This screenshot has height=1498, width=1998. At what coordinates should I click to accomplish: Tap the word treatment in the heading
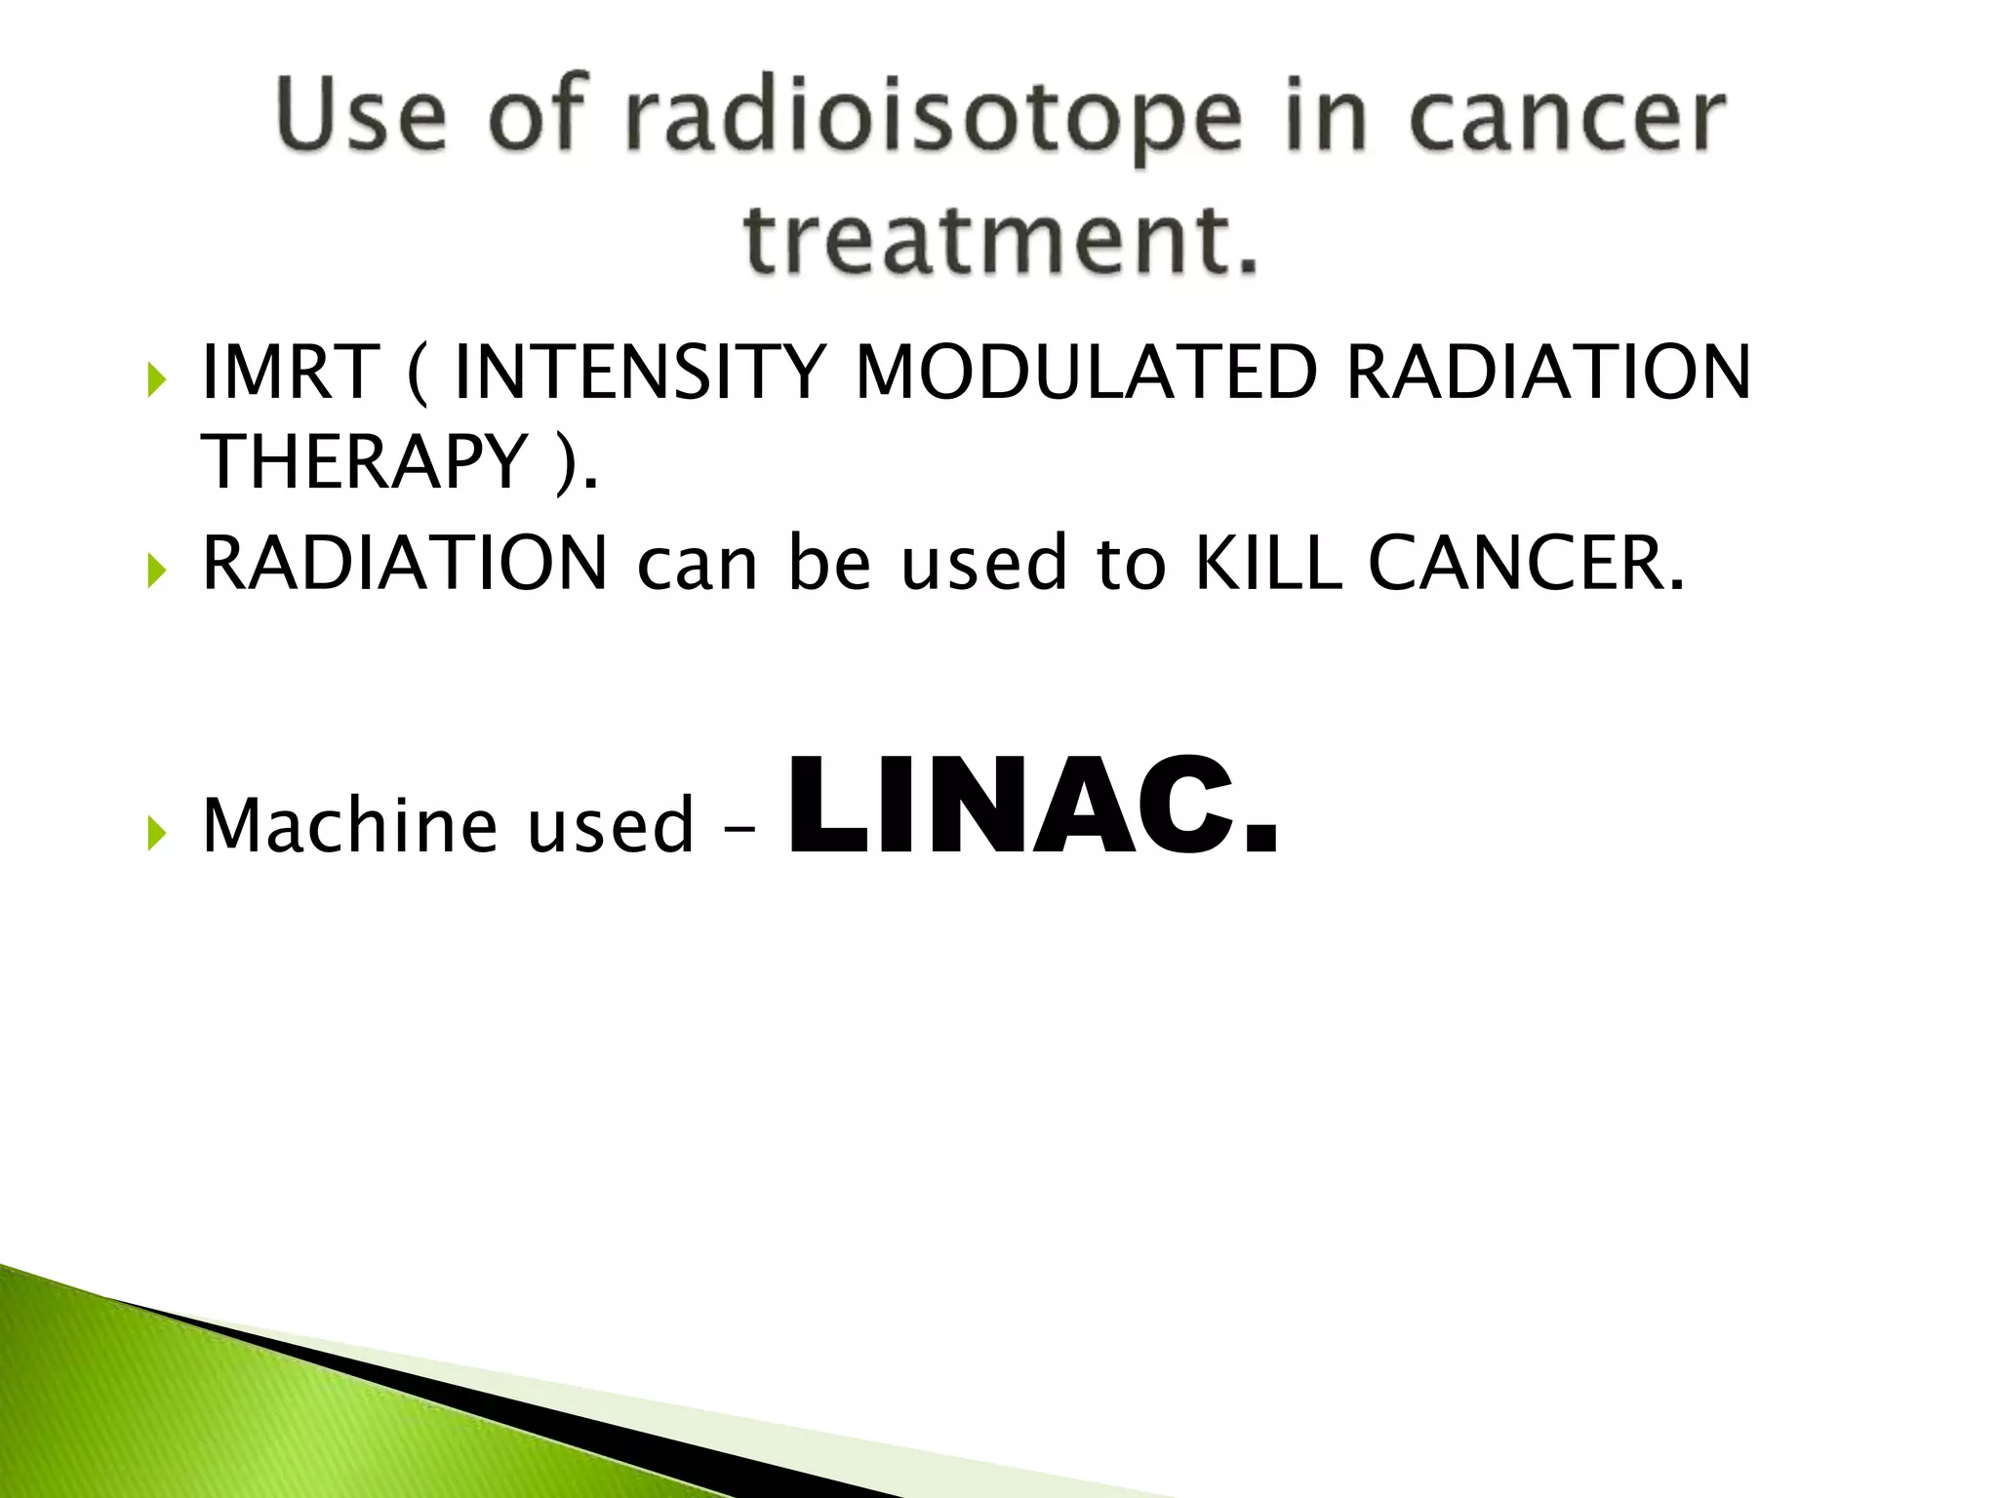click(x=1000, y=239)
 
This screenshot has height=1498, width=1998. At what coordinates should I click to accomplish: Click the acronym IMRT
click(x=290, y=373)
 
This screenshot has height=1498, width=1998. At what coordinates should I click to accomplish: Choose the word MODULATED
click(x=1086, y=373)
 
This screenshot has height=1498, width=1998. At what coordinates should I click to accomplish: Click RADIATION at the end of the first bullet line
click(x=1548, y=373)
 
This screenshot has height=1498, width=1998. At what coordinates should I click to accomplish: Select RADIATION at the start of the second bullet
click(x=405, y=564)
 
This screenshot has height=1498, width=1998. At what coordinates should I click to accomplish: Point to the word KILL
click(x=1267, y=564)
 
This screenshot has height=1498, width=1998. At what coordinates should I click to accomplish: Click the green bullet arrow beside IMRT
click(x=157, y=379)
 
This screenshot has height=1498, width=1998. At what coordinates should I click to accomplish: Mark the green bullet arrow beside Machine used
click(x=157, y=833)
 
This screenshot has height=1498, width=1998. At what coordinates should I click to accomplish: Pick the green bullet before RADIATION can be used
click(x=157, y=571)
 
